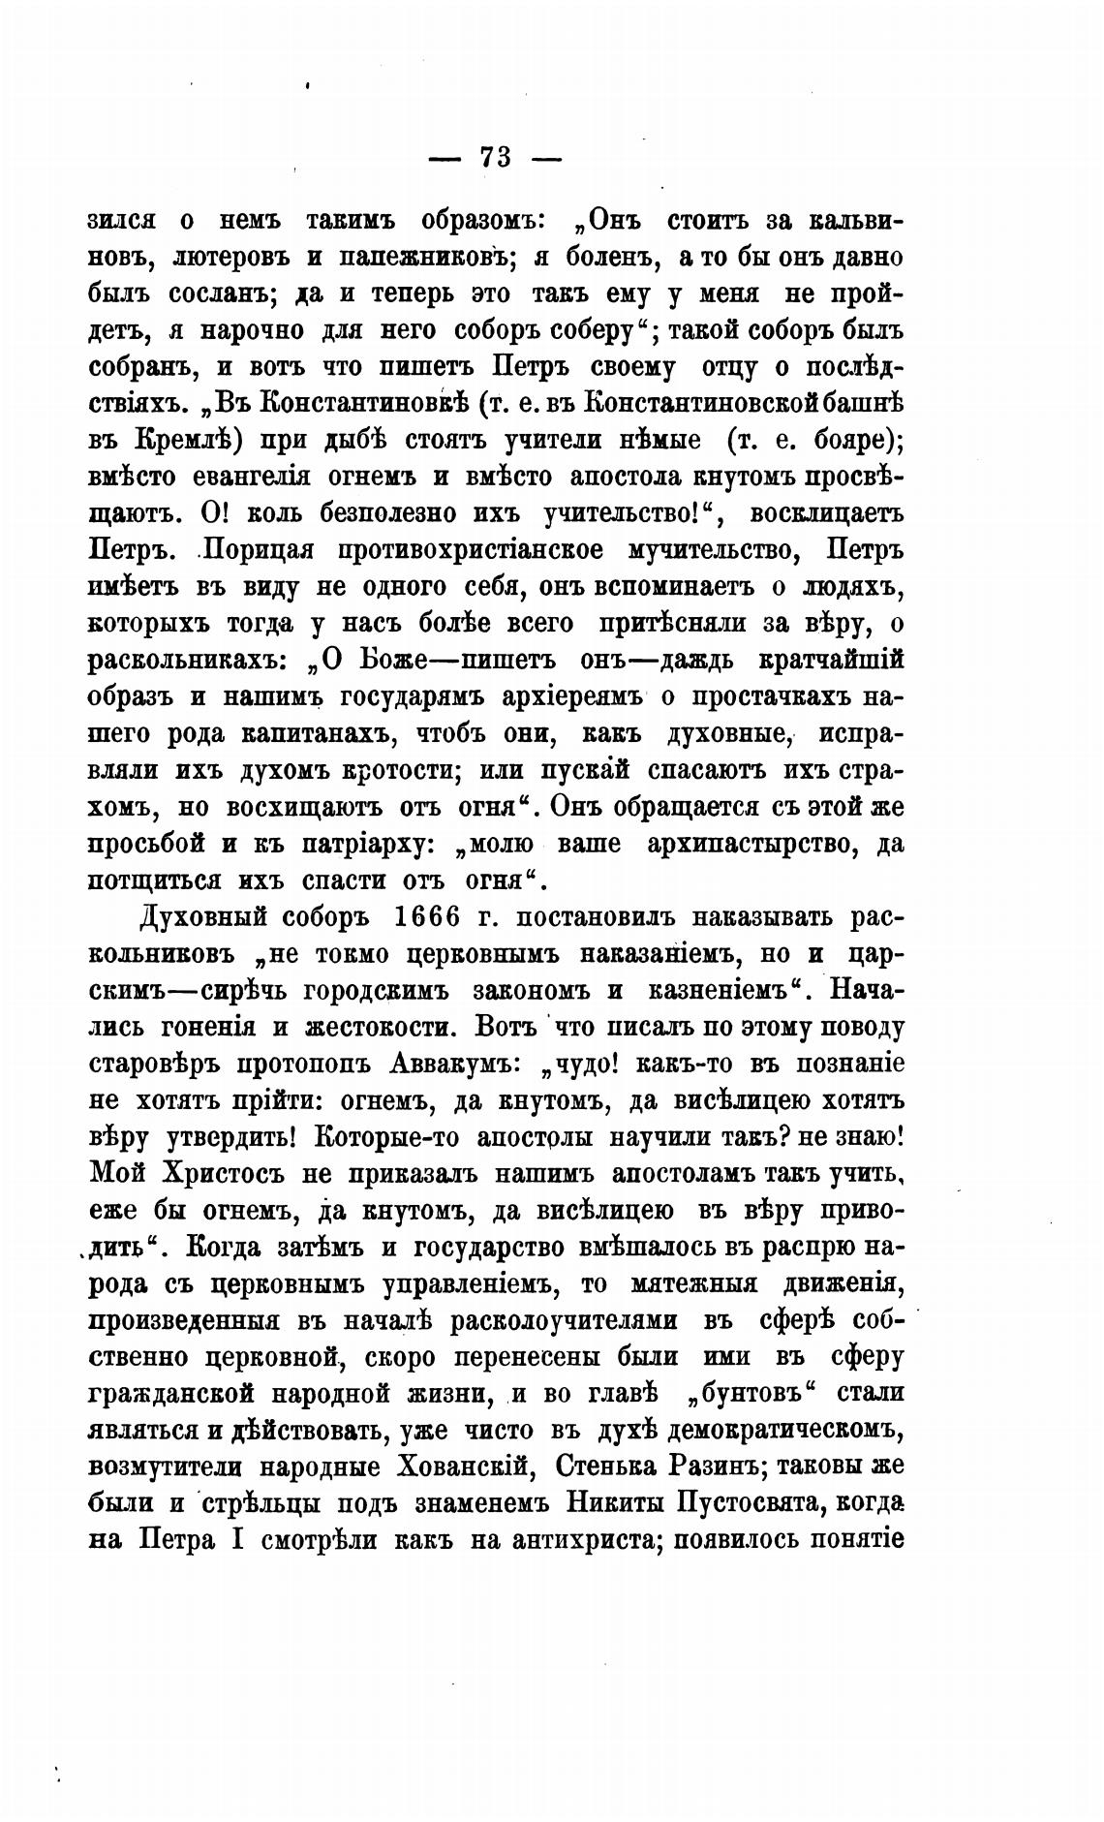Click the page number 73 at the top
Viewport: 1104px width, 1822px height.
(x=494, y=158)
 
